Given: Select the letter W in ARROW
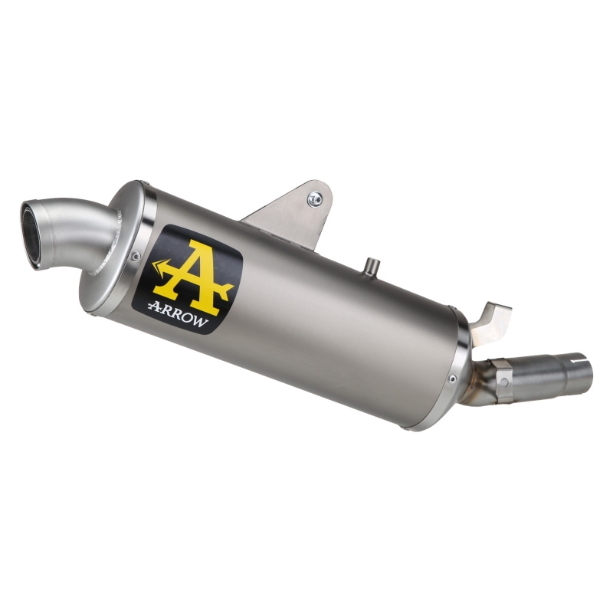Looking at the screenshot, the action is click(x=199, y=321).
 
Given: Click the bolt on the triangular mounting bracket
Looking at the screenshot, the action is click(x=314, y=199).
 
